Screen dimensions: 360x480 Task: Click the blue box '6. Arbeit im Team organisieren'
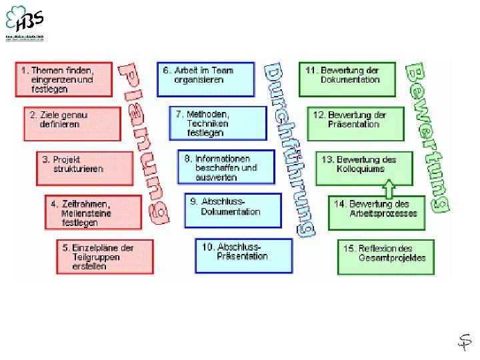tap(205, 79)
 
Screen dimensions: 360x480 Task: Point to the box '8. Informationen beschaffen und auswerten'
tap(225, 167)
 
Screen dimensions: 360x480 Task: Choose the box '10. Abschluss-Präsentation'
tap(243, 255)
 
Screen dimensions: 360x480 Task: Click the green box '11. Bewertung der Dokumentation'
tap(347, 79)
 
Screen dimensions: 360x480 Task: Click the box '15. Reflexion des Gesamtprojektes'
tap(385, 257)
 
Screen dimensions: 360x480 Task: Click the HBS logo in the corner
tap(24, 22)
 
